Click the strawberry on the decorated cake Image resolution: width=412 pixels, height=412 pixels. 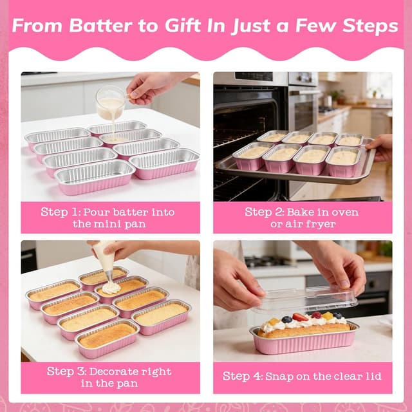click(x=299, y=317)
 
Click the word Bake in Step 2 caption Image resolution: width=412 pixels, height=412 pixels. click(x=300, y=212)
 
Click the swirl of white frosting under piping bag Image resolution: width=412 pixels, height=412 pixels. click(x=111, y=288)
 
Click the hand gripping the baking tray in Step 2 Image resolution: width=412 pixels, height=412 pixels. click(x=380, y=146)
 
